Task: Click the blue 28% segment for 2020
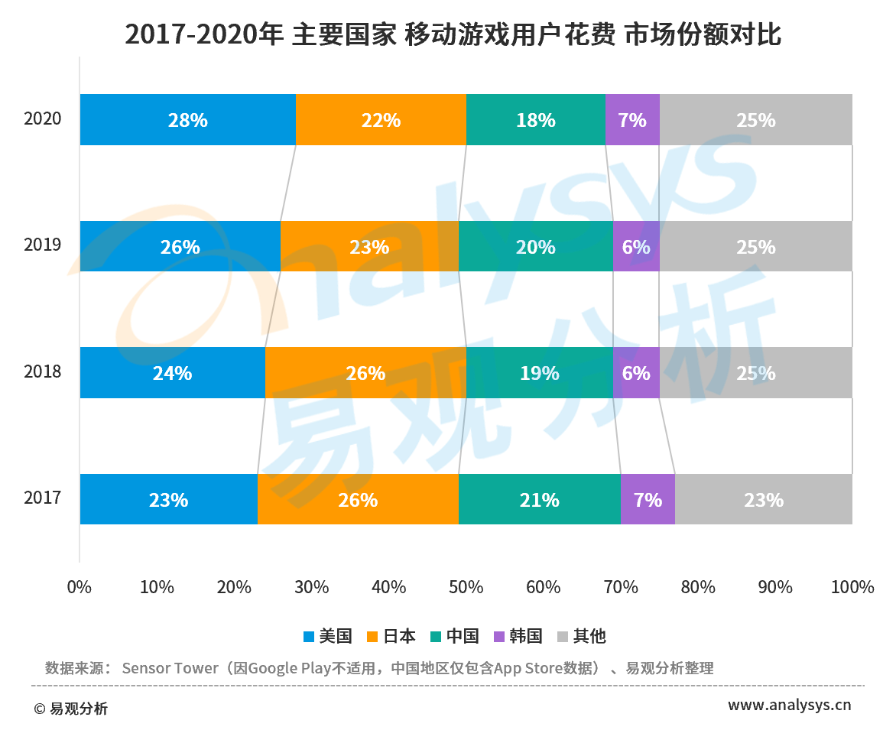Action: tap(187, 120)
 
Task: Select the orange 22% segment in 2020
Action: tap(381, 120)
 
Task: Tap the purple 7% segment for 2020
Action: tap(632, 120)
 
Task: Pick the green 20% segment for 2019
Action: tap(535, 247)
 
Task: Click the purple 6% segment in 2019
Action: tap(636, 247)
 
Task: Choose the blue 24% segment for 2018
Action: tap(172, 373)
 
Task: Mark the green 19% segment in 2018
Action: tap(539, 373)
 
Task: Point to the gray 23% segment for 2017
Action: tap(763, 500)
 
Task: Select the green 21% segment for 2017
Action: tap(539, 500)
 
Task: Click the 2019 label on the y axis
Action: tap(42, 245)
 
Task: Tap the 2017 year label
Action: tap(42, 498)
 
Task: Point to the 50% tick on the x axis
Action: tap(466, 588)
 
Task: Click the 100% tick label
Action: tap(852, 588)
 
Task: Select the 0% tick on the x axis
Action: tap(80, 588)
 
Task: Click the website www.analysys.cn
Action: tap(789, 705)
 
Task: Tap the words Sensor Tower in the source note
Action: tap(170, 668)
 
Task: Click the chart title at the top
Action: tap(453, 34)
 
